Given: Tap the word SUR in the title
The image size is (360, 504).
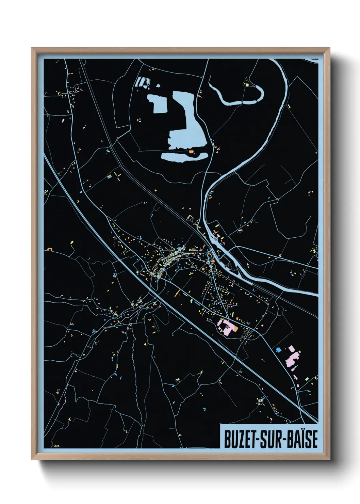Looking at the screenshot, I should [x=272, y=439].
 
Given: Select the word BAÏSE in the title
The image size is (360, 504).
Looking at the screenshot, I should [x=302, y=439].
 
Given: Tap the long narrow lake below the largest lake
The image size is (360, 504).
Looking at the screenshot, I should [x=184, y=157].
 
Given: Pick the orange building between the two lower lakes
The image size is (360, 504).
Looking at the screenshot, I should [x=191, y=151].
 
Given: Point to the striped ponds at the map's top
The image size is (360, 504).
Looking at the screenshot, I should [x=143, y=82].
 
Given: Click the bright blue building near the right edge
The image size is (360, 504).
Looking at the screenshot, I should [x=279, y=349].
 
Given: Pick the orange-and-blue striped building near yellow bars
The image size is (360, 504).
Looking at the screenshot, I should [x=110, y=176].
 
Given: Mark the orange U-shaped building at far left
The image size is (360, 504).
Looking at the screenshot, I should [x=50, y=249].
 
